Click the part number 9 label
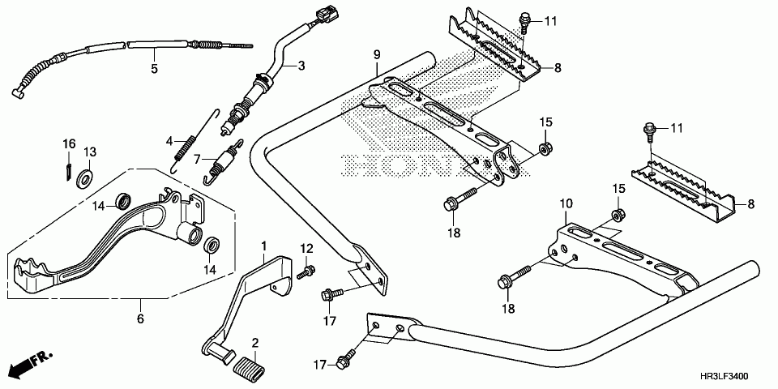377,54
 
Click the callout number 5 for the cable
154,69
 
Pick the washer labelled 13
83,177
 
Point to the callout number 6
140,319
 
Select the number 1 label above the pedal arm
263,244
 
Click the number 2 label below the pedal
254,343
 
